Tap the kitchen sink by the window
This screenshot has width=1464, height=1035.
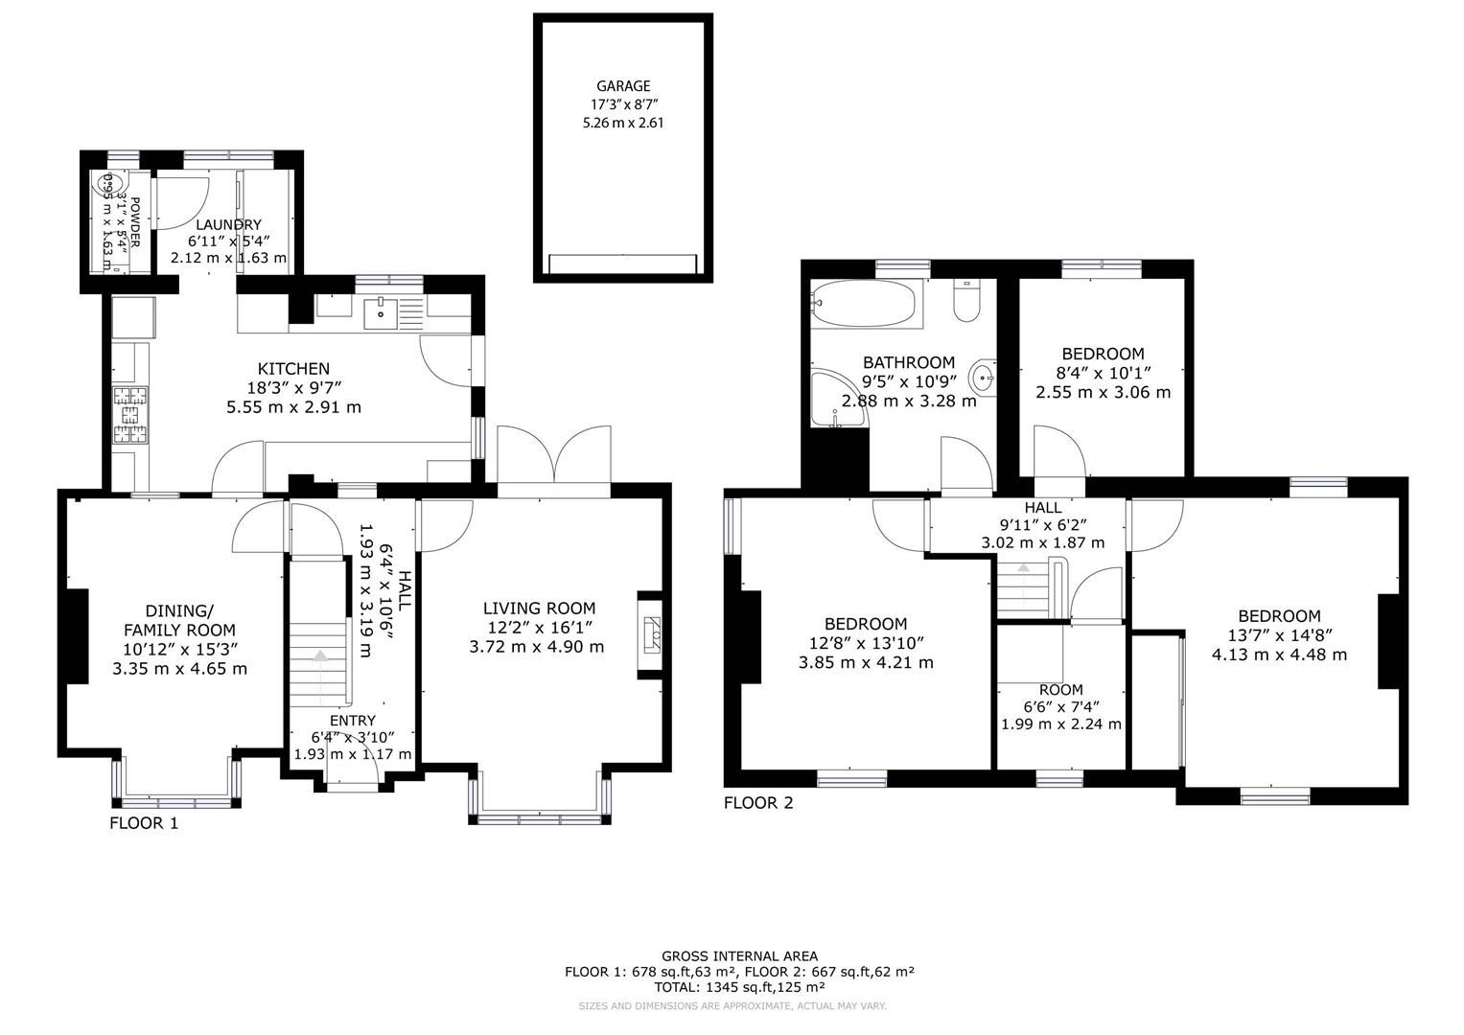tap(381, 309)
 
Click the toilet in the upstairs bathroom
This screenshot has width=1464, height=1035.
tap(966, 302)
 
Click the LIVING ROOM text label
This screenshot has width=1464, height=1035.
tap(539, 609)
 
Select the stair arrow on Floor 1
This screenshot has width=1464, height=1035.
tap(319, 656)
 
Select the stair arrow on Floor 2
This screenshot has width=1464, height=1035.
tap(1024, 569)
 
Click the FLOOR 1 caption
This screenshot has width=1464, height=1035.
tap(144, 822)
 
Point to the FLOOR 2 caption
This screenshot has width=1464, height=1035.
tap(758, 803)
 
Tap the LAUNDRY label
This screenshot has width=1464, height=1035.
tap(228, 224)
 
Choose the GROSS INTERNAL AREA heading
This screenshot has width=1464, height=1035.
tap(739, 955)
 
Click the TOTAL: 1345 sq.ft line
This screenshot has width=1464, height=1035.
tap(739, 986)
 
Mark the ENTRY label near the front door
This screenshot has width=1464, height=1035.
tap(352, 721)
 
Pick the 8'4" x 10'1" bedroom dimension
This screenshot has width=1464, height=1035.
tap(1103, 373)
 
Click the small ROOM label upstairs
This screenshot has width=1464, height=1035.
tap(1060, 690)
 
